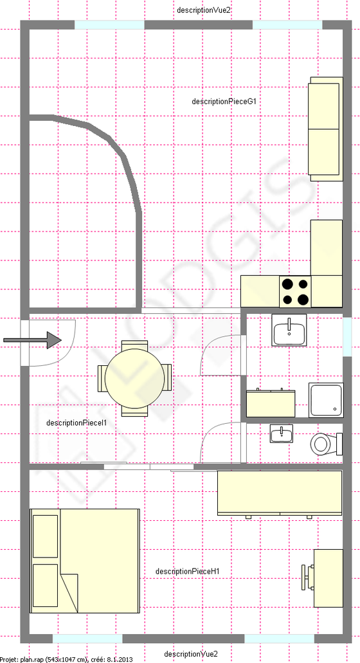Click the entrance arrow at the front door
(x=33, y=340)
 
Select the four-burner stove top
(x=295, y=291)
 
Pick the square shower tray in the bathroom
(x=326, y=400)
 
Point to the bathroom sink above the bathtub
(x=289, y=330)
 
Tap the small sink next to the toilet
(x=282, y=434)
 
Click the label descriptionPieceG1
(x=224, y=102)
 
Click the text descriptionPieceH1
(x=187, y=571)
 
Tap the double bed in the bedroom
(x=84, y=561)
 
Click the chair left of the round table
(x=102, y=378)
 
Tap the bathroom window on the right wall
(x=347, y=336)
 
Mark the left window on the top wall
(x=109, y=25)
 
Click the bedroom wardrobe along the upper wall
(x=280, y=493)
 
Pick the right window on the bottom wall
(x=279, y=639)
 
